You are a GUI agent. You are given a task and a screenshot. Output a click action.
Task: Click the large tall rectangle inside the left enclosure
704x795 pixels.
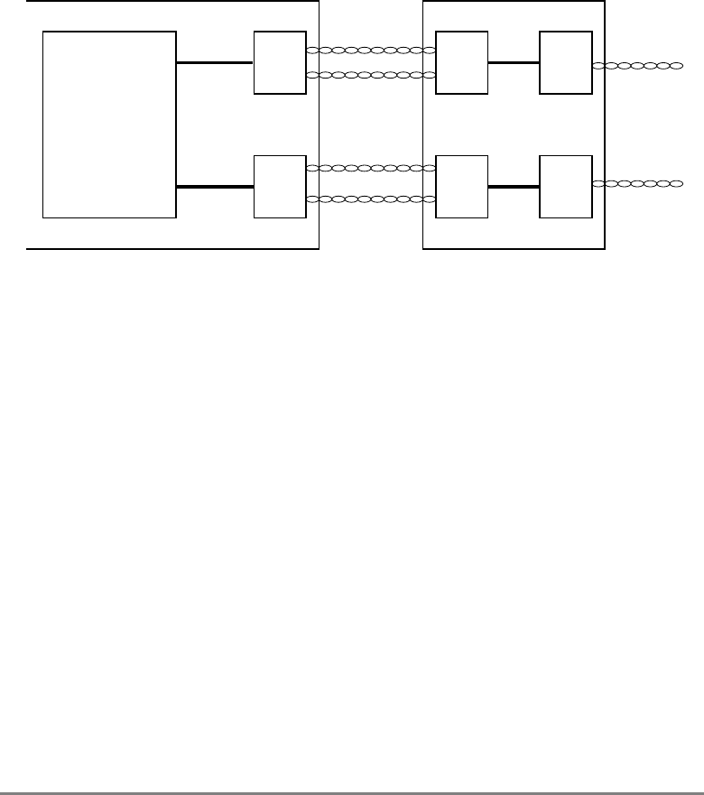click(109, 125)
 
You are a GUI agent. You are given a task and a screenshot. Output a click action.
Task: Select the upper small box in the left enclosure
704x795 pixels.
click(280, 63)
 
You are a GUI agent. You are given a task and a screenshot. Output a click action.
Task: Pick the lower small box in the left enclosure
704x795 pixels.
click(280, 187)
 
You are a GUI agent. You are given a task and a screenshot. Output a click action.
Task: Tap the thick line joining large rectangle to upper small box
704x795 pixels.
click(215, 63)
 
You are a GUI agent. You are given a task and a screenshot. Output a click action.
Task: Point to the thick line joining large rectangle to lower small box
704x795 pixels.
click(215, 187)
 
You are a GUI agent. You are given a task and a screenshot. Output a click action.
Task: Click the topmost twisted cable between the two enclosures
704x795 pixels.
click(371, 51)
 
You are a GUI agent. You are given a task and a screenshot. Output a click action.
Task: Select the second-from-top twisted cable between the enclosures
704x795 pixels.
click(371, 75)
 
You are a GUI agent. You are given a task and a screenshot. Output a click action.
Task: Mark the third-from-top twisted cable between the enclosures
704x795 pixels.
click(371, 169)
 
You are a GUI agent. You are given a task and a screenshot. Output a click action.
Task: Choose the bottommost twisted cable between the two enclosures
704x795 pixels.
click(371, 199)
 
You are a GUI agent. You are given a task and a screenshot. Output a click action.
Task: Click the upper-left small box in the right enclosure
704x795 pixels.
click(461, 63)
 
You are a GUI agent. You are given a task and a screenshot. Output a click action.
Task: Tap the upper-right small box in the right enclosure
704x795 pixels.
click(566, 63)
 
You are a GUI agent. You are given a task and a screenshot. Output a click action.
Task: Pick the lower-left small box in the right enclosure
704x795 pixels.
click(461, 187)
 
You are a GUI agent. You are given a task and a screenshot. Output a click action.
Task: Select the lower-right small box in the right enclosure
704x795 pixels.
click(566, 187)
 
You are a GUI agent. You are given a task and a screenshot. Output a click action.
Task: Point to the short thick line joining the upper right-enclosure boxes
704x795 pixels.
click(514, 63)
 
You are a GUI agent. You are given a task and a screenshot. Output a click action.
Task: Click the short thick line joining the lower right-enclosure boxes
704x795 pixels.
click(514, 187)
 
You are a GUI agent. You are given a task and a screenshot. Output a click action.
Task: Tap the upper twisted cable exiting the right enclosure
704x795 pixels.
click(637, 66)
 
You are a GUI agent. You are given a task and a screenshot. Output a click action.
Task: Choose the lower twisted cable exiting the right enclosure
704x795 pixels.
click(637, 183)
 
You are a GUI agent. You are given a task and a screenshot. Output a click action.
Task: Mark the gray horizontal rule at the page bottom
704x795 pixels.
click(352, 769)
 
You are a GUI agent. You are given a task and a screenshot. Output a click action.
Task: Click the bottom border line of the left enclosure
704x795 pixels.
click(172, 248)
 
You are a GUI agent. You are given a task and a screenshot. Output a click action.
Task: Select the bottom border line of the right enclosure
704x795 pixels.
click(514, 248)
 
